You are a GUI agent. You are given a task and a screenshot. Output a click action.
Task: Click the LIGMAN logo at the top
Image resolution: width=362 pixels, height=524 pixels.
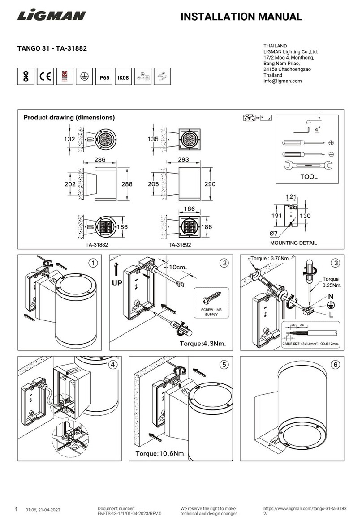tap(51, 17)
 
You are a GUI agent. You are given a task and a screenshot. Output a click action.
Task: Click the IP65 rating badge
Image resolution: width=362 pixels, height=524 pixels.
tap(103, 77)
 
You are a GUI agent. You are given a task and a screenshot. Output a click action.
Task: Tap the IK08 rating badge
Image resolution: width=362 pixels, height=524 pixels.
tap(123, 77)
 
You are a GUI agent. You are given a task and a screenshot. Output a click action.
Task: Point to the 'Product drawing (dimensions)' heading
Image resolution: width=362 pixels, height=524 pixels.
tap(69, 118)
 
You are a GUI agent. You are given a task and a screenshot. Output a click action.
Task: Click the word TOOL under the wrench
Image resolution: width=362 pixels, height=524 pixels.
tap(308, 177)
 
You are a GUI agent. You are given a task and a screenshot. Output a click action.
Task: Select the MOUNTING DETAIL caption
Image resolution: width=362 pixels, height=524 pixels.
tap(293, 243)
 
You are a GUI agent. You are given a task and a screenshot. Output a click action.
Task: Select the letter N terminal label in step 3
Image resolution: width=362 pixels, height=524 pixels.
tap(331, 296)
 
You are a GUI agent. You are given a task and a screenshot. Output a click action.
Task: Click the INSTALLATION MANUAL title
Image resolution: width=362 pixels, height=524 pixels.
tap(241, 17)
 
